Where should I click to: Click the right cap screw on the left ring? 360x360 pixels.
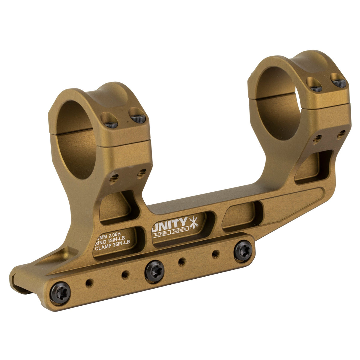point(138,119)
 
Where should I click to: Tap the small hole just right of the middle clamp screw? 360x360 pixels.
point(181,262)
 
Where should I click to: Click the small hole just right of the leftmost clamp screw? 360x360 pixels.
point(88,283)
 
